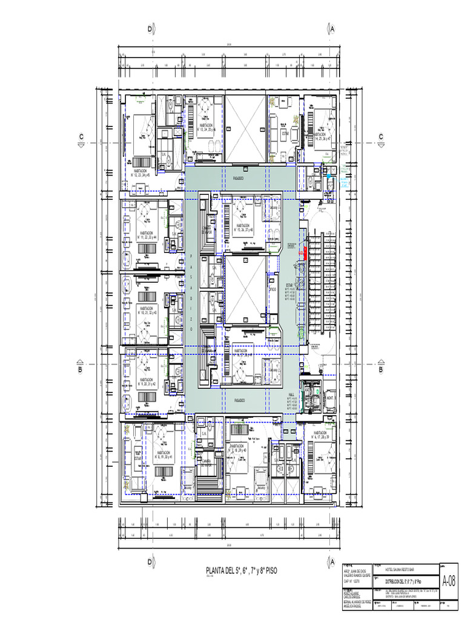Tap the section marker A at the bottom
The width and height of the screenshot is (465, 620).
coord(332,562)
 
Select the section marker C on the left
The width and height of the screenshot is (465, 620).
coord(80,137)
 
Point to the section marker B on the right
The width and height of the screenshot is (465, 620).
coord(381,369)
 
